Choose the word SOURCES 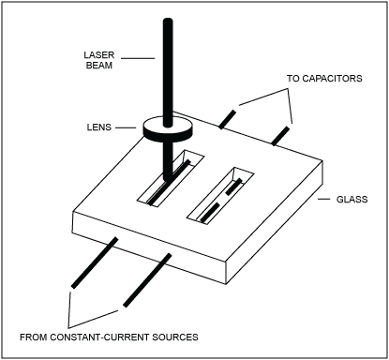coord(197,335)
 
